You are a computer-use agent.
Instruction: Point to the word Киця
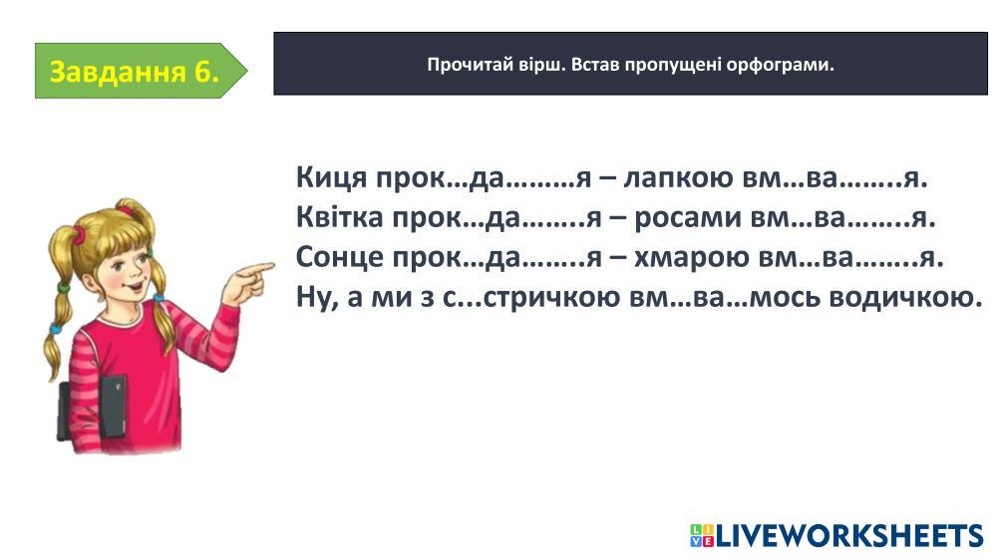[332, 177]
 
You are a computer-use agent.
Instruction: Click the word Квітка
[339, 217]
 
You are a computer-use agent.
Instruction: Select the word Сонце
[339, 257]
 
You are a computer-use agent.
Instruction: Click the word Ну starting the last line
[317, 297]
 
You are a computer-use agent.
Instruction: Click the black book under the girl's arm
[113, 407]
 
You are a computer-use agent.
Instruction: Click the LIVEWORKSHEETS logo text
[849, 536]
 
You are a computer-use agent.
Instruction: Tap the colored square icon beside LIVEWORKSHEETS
[702, 536]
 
